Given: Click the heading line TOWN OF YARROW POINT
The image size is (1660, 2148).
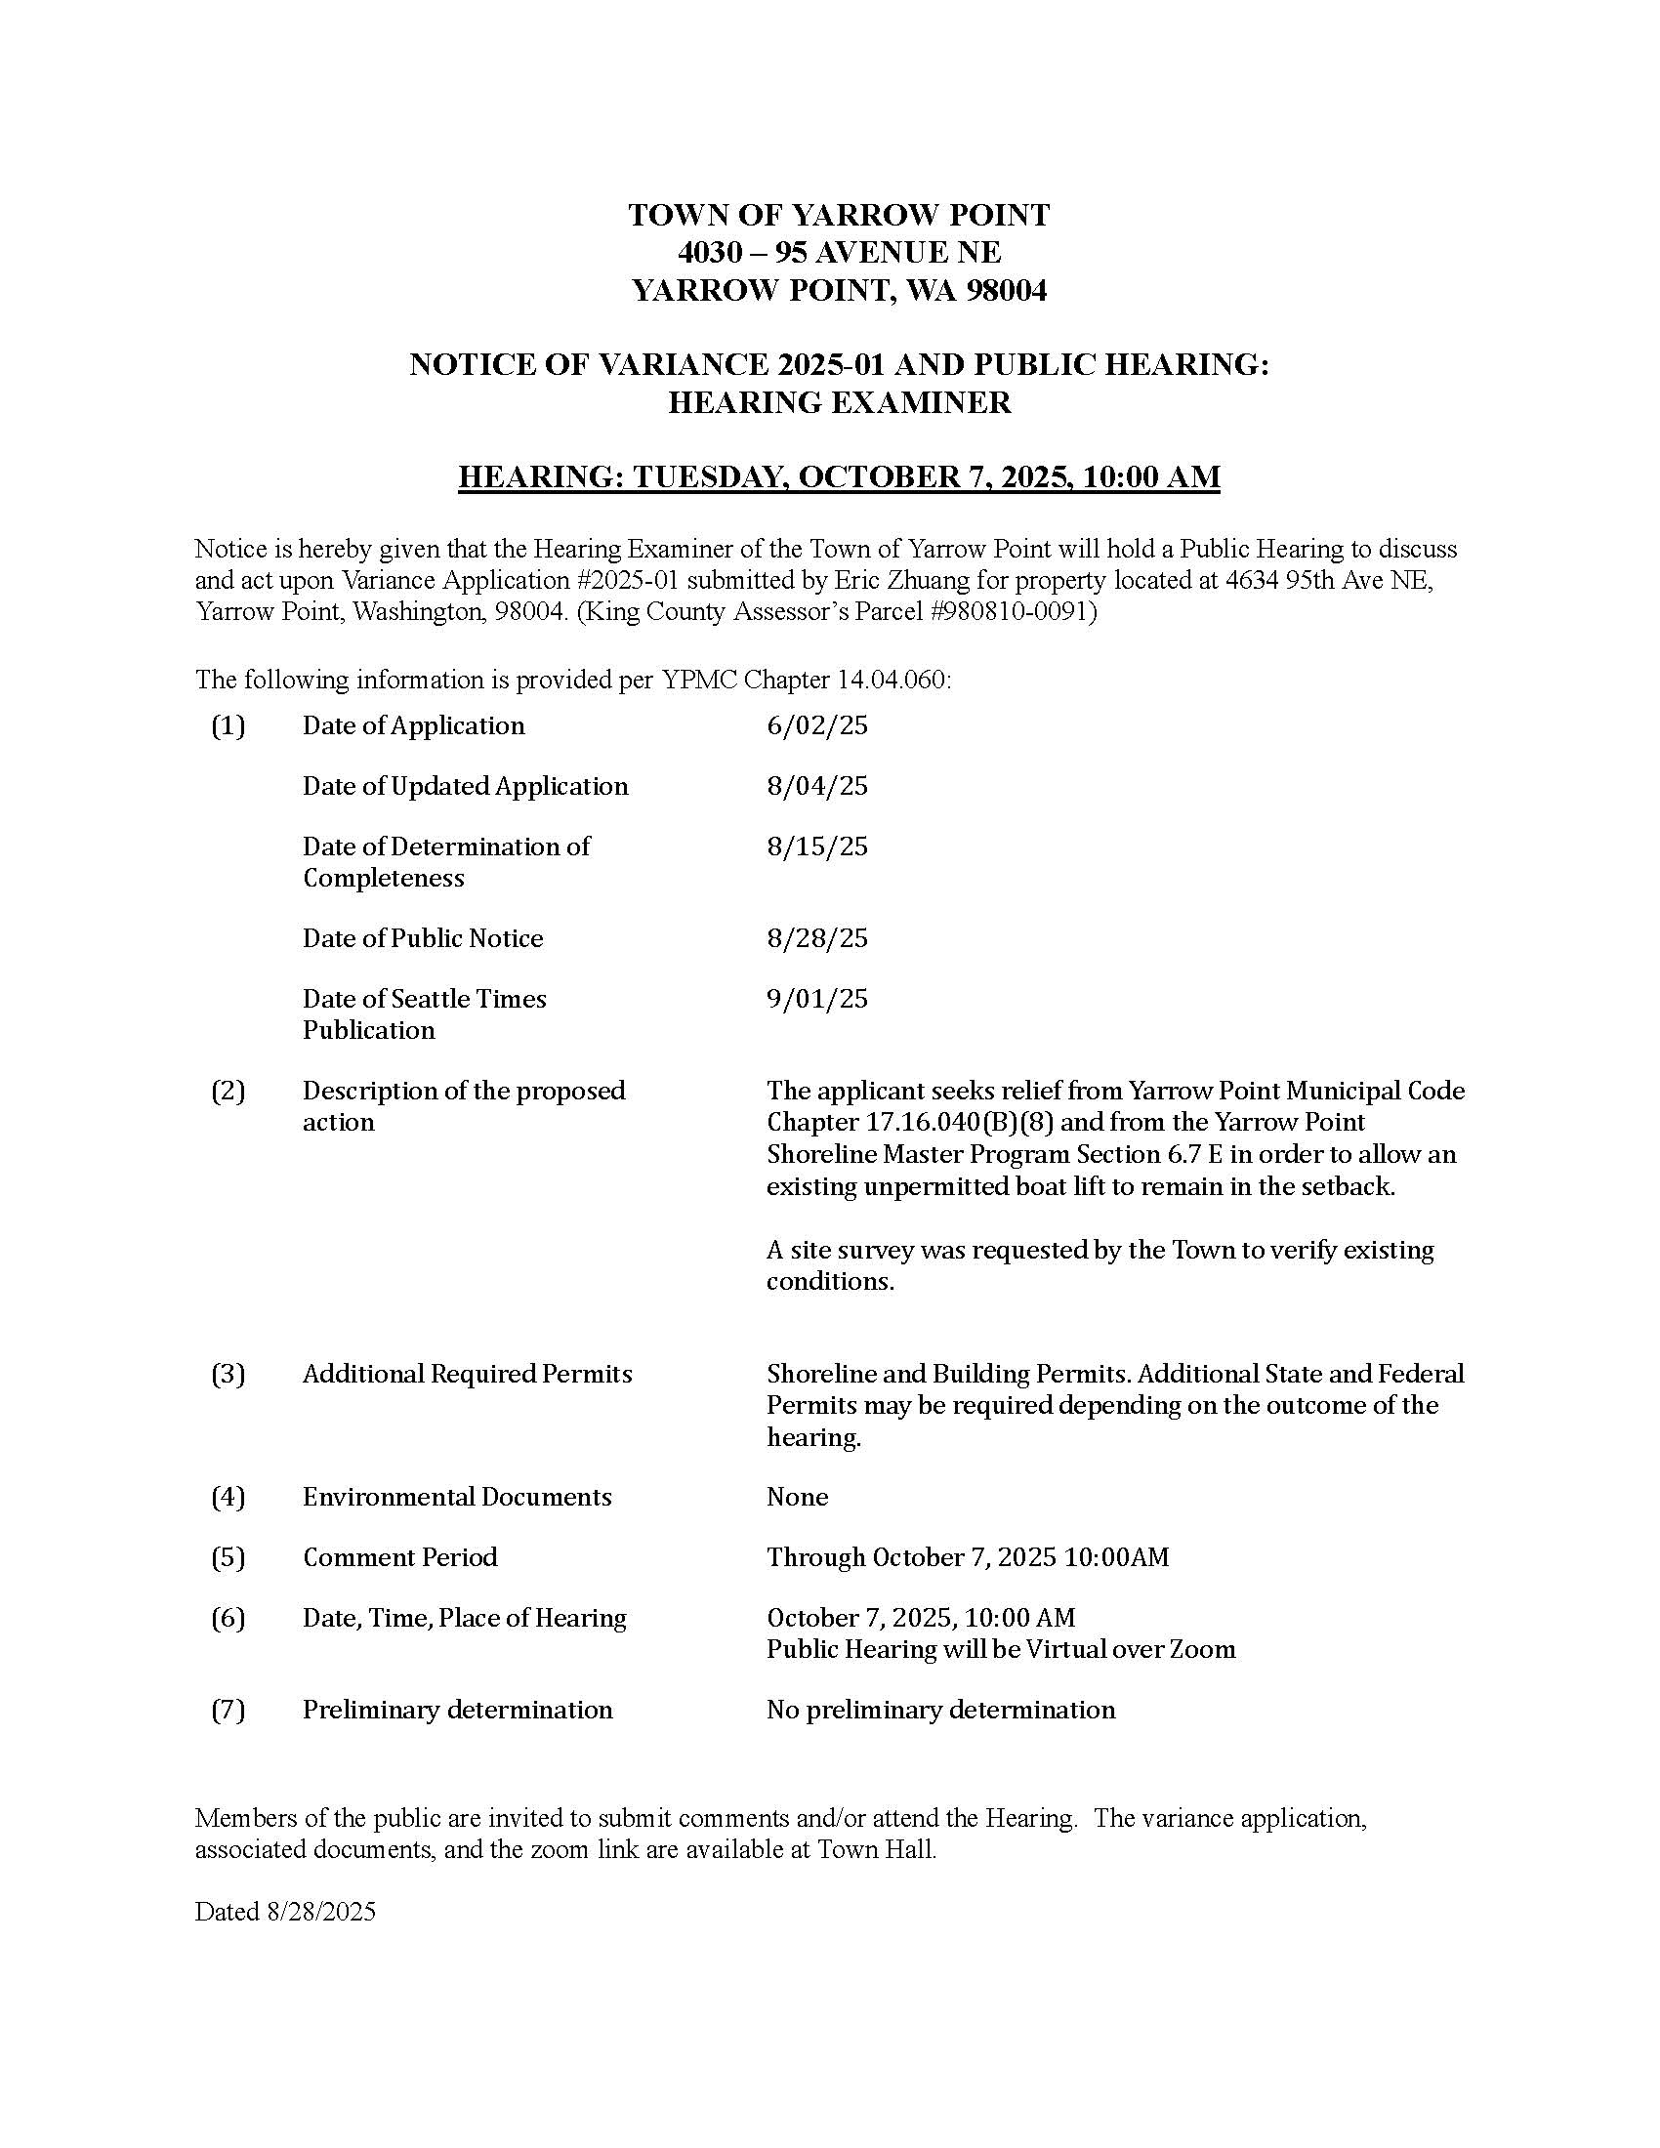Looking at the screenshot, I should coord(839,216).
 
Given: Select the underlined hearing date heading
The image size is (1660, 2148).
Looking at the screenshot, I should coord(839,477).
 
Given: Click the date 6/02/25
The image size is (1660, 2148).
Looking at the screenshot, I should coord(817,725).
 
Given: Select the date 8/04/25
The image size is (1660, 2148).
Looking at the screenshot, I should coord(817,786).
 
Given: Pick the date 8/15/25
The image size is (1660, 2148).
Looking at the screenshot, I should coord(817,847).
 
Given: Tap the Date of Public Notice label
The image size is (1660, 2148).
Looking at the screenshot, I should coord(423,938).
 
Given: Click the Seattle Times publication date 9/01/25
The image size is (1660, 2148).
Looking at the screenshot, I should coord(817,999).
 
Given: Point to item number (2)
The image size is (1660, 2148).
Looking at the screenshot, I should coord(228,1091).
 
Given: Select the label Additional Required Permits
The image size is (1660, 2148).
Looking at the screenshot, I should coord(467,1374).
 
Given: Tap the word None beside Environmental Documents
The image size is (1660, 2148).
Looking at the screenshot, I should coord(797,1497).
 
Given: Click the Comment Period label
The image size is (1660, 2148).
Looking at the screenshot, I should coord(400,1557).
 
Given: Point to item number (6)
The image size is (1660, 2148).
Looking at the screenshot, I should coord(228,1618).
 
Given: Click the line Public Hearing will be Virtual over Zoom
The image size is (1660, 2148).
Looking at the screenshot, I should coord(1000,1649).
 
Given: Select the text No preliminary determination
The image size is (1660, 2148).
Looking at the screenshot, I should coord(940,1710).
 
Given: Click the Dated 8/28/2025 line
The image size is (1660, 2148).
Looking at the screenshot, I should coord(285,1911).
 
